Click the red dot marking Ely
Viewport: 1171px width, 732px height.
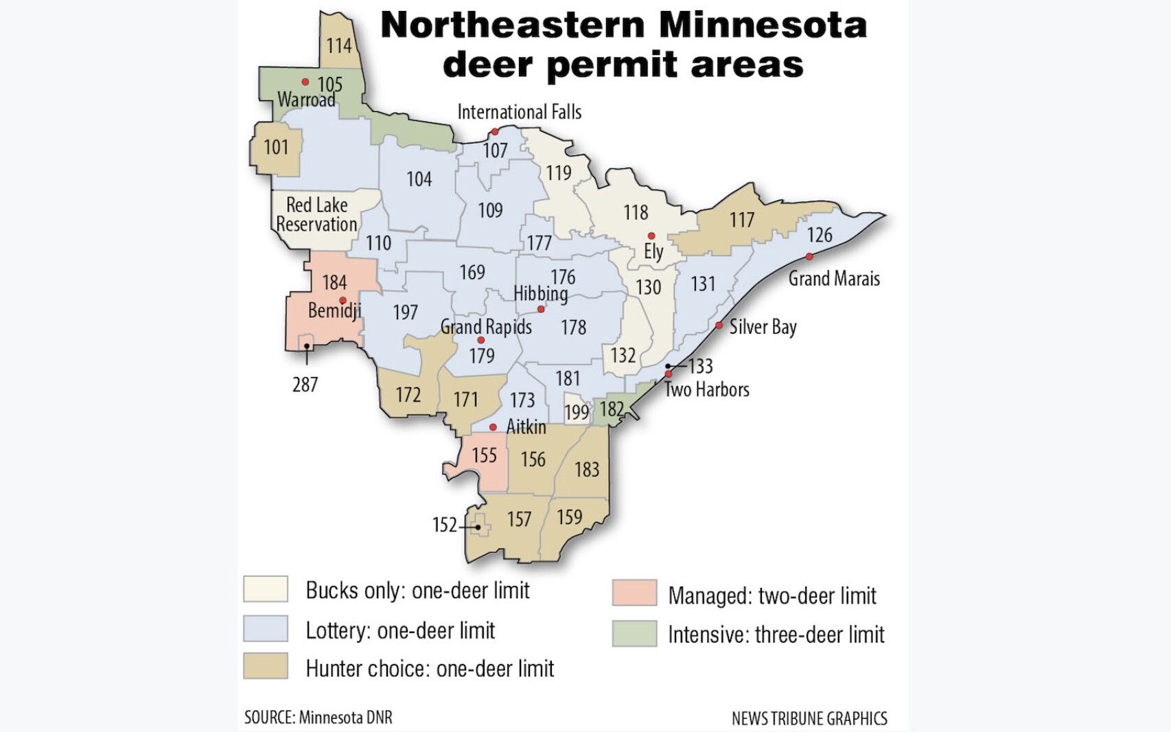click(651, 236)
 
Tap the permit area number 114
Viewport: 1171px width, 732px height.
click(338, 46)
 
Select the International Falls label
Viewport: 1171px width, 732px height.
click(519, 112)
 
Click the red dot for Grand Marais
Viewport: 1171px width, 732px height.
click(809, 257)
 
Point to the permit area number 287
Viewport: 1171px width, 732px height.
click(305, 385)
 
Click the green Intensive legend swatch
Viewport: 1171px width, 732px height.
click(634, 633)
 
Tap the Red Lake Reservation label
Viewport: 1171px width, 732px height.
click(316, 215)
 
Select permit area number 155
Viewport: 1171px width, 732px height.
click(484, 455)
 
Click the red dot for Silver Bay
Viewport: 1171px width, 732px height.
click(719, 325)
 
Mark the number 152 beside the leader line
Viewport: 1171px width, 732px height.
click(444, 525)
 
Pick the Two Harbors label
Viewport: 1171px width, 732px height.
click(706, 390)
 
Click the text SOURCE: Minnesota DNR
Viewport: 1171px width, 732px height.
click(318, 718)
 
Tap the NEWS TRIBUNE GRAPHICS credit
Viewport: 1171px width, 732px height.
click(809, 719)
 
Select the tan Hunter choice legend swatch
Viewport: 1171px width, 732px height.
click(266, 666)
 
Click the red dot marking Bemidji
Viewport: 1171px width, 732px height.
click(343, 300)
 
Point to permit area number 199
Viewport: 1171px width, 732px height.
click(577, 412)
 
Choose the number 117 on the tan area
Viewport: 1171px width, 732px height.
click(741, 220)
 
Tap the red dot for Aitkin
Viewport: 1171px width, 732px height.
click(493, 427)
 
